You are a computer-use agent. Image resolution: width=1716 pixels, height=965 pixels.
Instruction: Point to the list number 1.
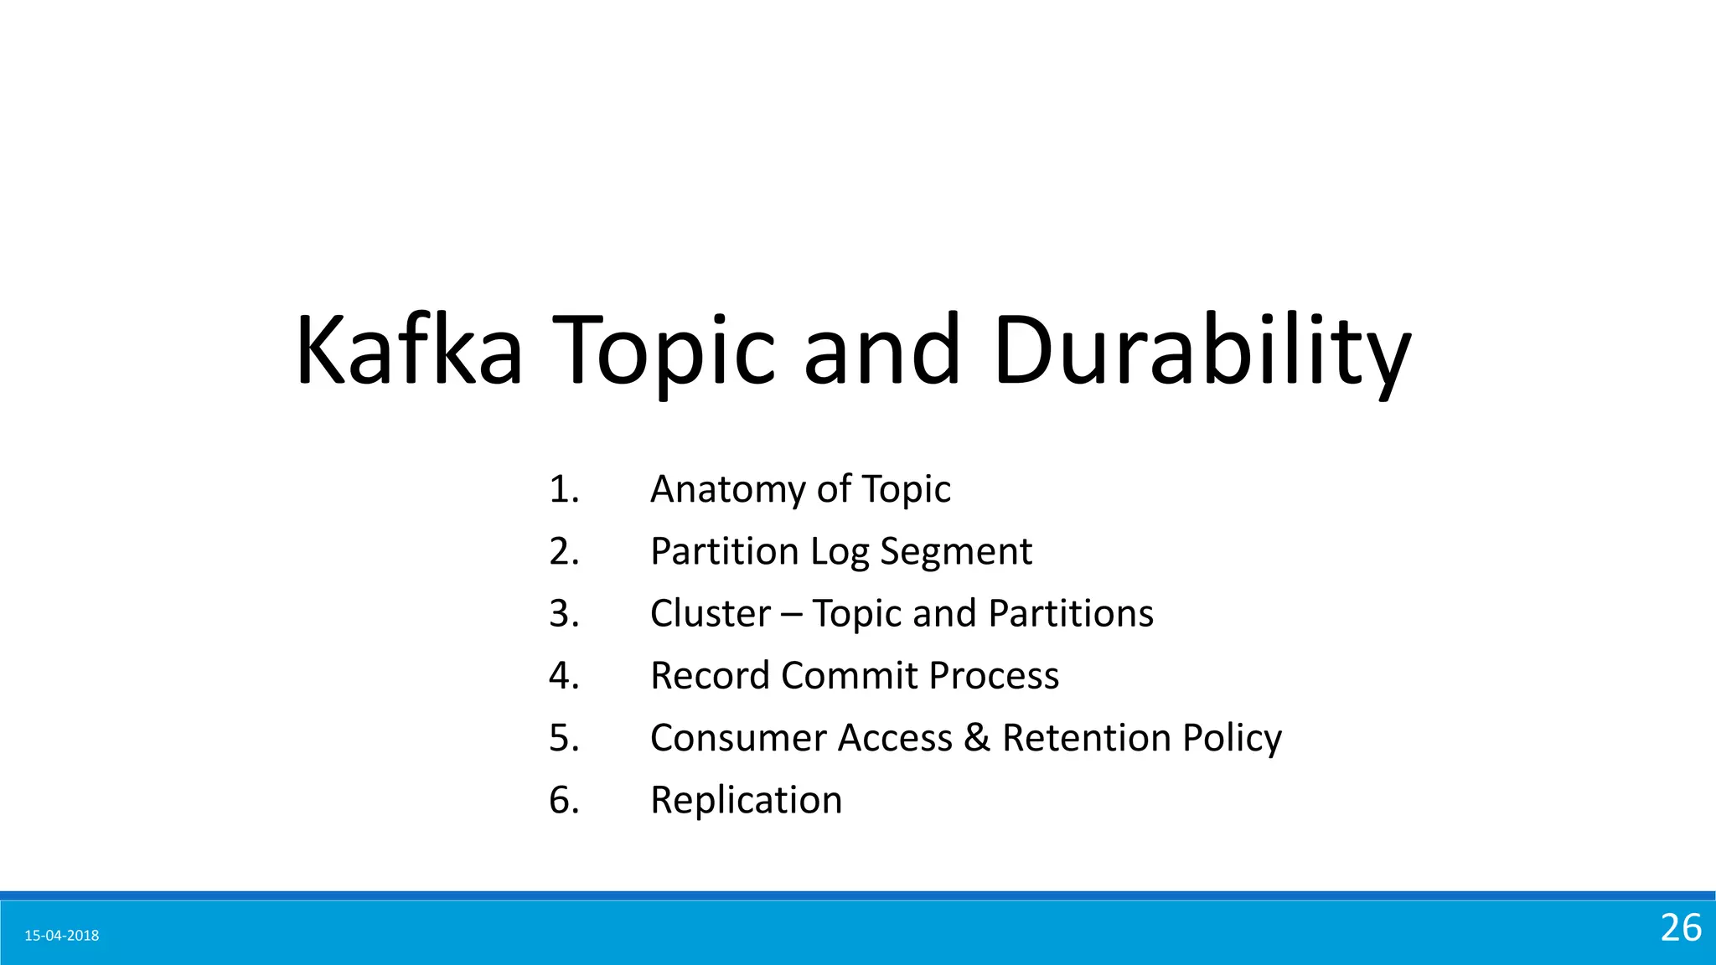[564, 489]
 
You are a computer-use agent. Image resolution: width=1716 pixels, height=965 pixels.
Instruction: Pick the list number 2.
[564, 552]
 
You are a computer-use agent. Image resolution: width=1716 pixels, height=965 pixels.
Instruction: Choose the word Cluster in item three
[710, 614]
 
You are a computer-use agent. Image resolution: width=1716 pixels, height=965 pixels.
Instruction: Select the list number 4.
[564, 676]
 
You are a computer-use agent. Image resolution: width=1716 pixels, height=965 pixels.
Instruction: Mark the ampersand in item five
[977, 738]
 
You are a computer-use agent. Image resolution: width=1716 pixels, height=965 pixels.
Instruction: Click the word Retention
[1086, 738]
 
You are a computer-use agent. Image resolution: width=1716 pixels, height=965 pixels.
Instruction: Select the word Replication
[746, 801]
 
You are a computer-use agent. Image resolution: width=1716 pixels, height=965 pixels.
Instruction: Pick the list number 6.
[564, 801]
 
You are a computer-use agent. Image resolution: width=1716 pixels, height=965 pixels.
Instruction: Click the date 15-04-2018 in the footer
[62, 936]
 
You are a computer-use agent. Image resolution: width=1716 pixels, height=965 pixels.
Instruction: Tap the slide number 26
[1681, 928]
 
